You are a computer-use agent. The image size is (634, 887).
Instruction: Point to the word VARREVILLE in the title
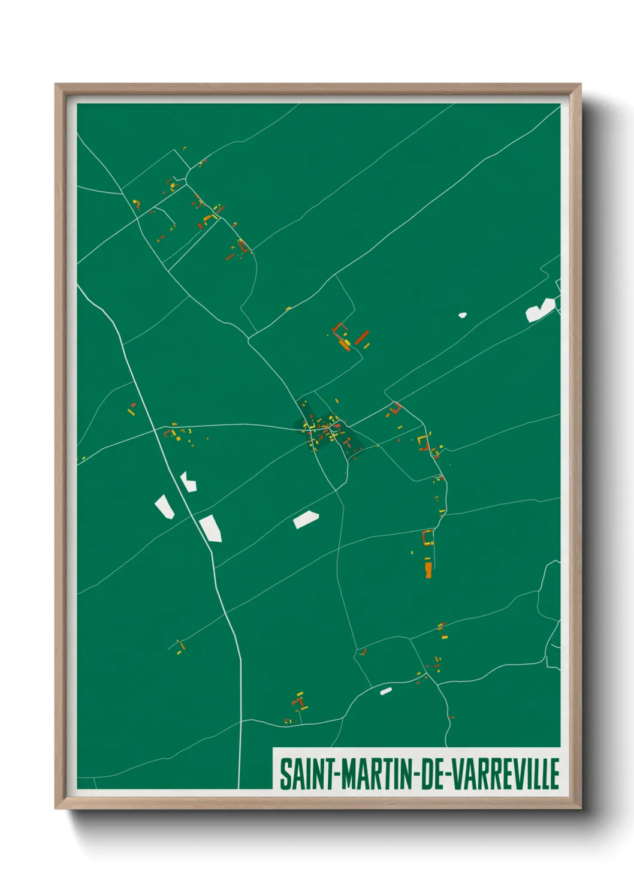505,774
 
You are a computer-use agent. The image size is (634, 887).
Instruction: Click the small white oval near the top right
462,314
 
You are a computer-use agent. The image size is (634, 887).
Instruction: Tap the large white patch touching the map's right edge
540,310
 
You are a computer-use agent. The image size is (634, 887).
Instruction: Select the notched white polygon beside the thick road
188,481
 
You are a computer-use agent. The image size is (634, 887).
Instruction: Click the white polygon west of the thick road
164,506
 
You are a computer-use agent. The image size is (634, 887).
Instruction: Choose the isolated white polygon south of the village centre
306,519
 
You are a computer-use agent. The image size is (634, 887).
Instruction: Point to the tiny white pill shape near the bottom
386,691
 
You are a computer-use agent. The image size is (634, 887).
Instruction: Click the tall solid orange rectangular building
428,569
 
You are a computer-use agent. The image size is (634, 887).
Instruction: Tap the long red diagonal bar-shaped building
361,337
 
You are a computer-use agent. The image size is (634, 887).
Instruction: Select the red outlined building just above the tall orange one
427,536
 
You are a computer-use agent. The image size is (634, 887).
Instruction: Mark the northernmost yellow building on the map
184,147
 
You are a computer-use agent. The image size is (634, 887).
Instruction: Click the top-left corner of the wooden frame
56,85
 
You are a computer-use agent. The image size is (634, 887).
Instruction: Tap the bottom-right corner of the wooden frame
580,808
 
